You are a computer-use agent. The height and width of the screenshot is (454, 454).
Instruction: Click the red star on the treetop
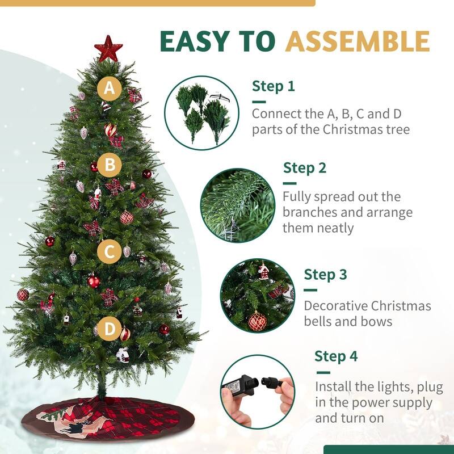(108, 48)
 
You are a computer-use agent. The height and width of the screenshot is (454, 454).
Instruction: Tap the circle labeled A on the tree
(109, 89)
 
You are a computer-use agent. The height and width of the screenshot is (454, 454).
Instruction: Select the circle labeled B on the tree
(110, 166)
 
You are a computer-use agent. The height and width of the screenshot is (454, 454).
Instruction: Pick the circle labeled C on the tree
(109, 251)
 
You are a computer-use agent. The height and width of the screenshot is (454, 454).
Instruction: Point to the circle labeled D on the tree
(110, 329)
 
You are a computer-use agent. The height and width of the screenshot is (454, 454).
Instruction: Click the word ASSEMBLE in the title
(357, 41)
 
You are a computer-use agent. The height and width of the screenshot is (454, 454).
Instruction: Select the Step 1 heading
(274, 86)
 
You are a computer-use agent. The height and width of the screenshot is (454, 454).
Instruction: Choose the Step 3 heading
(325, 275)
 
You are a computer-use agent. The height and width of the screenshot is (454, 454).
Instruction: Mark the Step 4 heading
(337, 356)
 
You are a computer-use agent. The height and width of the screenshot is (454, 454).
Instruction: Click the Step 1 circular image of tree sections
(201, 112)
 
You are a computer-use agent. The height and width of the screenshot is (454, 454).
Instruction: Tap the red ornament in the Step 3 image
(257, 321)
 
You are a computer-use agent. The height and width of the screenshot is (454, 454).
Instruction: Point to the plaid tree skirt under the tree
(102, 417)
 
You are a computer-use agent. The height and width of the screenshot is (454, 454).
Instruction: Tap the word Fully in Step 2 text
(297, 197)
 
